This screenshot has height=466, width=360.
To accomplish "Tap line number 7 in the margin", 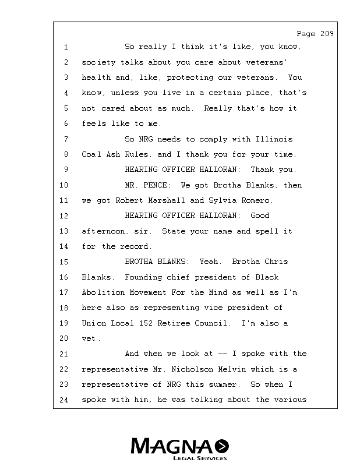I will coord(66,139).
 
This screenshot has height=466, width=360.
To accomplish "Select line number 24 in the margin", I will coord(64,400).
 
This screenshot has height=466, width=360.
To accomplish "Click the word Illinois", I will coord(274,139).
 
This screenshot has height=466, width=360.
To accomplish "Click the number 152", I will coord(155,323).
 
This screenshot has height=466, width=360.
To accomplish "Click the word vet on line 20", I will coord(89,338).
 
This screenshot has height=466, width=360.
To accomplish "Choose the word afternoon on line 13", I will coord(102,231).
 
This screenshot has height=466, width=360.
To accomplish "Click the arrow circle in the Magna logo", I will coord(222,447).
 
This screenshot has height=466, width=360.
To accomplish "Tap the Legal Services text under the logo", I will coord(200,458).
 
